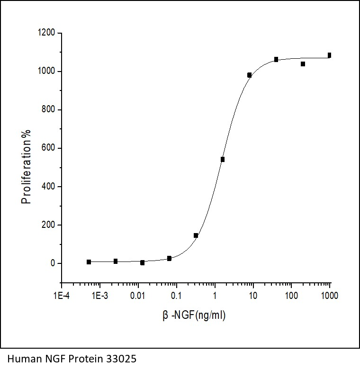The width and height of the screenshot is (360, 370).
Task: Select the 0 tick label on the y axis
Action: [54, 263]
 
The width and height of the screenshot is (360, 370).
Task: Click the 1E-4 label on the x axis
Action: [61, 296]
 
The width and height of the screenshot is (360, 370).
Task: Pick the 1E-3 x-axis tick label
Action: [99, 296]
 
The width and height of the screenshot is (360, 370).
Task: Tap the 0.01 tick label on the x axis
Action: [138, 296]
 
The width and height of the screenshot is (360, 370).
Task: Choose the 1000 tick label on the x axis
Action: [330, 296]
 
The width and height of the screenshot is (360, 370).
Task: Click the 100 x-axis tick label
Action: [291, 296]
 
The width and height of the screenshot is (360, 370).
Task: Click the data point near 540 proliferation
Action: [223, 159]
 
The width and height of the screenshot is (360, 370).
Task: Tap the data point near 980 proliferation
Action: [250, 75]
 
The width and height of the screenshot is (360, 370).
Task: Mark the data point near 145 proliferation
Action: [196, 235]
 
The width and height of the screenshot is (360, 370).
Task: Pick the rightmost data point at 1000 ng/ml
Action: [330, 55]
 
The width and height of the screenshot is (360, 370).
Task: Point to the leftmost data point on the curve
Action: [89, 262]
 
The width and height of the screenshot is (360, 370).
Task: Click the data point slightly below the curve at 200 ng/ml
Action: [303, 64]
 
